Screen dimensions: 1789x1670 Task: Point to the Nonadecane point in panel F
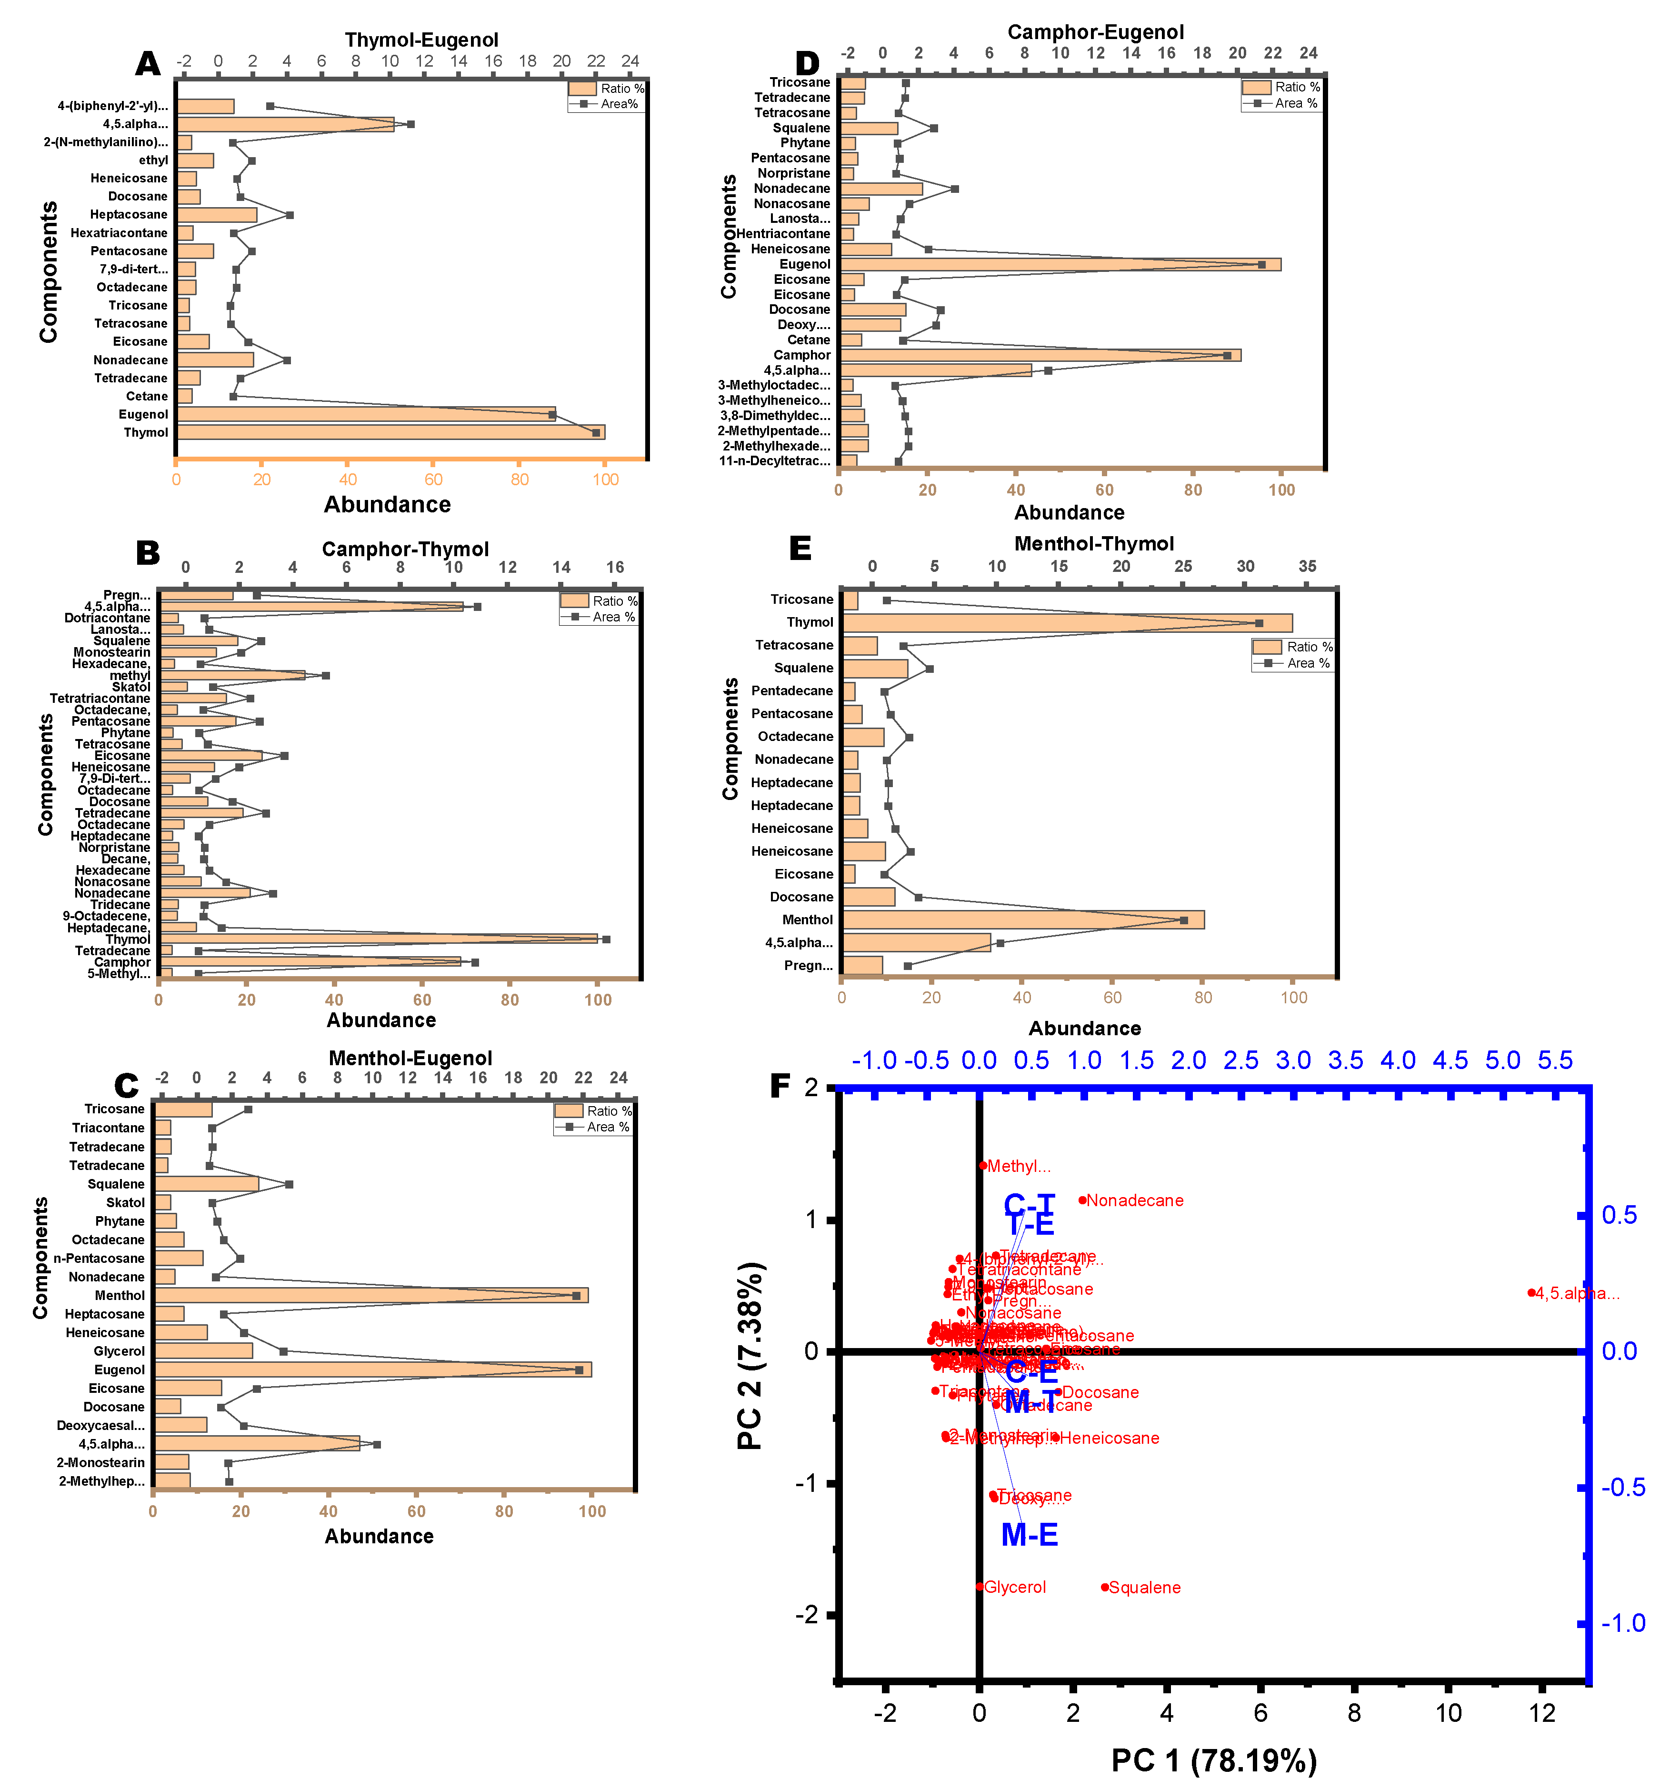pos(1082,1199)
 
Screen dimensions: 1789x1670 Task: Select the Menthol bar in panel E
pos(1022,919)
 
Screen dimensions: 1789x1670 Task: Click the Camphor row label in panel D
pos(802,355)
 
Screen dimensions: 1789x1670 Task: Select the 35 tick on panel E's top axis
pos(1307,566)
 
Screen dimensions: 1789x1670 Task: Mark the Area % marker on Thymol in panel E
pos(1259,623)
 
